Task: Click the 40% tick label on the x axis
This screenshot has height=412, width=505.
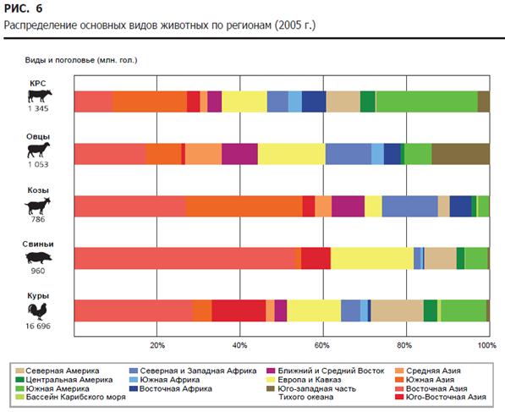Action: [239, 346]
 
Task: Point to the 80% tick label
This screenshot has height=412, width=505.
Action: [405, 346]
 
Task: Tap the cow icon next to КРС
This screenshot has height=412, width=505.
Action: [40, 96]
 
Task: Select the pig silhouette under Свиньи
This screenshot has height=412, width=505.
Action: [39, 258]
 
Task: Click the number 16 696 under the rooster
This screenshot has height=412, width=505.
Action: [38, 326]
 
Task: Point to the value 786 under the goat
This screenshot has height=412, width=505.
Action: [38, 219]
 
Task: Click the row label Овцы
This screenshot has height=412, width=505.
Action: [38, 136]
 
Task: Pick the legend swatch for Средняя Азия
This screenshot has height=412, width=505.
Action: [399, 371]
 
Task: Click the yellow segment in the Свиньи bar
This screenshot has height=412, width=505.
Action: [372, 258]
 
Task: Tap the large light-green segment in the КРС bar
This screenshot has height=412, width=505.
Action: [426, 102]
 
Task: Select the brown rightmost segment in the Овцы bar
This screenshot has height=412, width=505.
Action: [460, 154]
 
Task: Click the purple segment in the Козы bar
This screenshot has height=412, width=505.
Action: [348, 206]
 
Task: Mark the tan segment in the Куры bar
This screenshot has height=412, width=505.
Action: [397, 310]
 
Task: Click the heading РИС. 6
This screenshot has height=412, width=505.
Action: [23, 8]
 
